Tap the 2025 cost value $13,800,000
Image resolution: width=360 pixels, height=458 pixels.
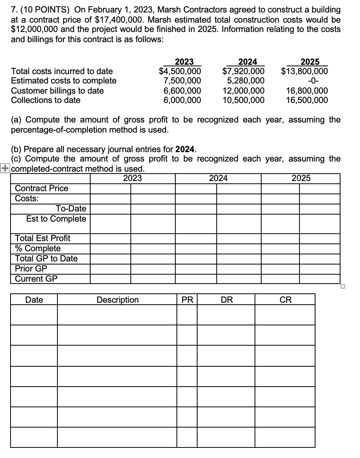pyautogui.click(x=305, y=71)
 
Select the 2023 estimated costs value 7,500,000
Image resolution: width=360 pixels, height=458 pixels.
pyautogui.click(x=182, y=81)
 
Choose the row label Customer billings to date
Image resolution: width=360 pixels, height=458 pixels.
pyautogui.click(x=57, y=91)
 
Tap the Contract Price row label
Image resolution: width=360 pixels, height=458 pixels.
pyautogui.click(x=41, y=188)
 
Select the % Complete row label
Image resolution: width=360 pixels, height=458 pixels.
pyautogui.click(x=37, y=249)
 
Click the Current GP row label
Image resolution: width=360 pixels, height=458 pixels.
pyautogui.click(x=36, y=279)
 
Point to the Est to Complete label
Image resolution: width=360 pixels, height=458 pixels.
pyautogui.click(x=56, y=218)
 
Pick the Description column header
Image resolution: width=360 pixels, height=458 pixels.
pyautogui.click(x=117, y=300)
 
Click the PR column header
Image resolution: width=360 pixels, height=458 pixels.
pyautogui.click(x=187, y=300)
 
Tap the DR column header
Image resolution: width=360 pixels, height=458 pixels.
pyautogui.click(x=226, y=300)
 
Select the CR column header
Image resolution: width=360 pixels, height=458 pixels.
pyautogui.click(x=285, y=300)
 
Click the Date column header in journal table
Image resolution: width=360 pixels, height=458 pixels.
pyautogui.click(x=34, y=300)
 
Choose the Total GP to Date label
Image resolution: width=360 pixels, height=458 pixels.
pyautogui.click(x=46, y=258)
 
